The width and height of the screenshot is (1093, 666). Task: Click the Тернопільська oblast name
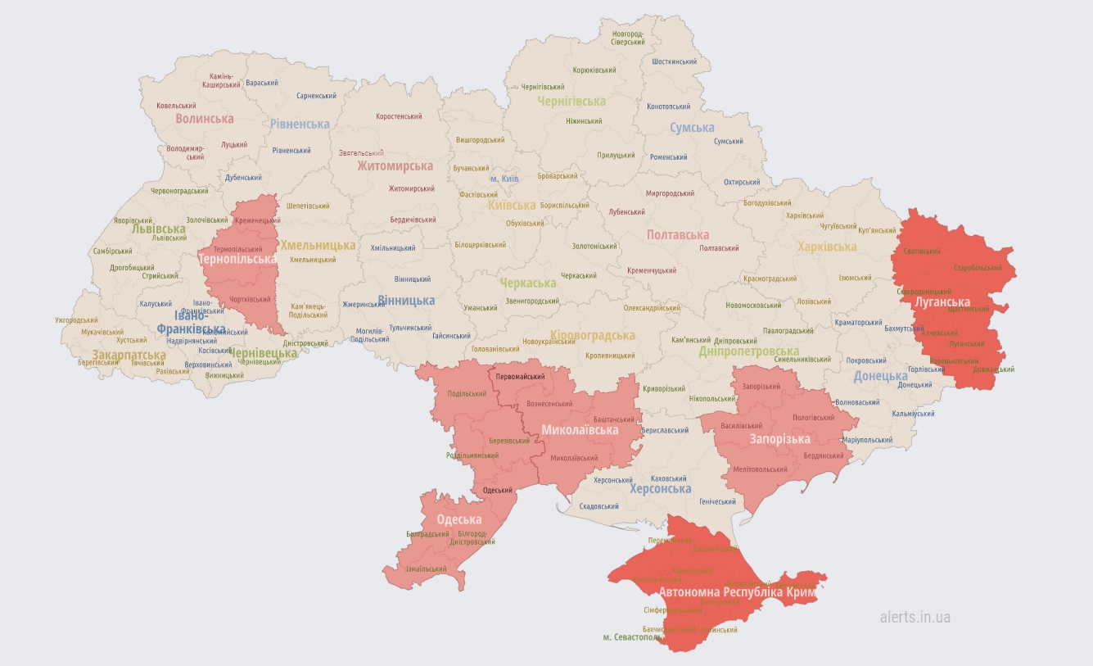[237, 259]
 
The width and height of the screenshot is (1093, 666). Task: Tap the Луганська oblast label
[942, 302]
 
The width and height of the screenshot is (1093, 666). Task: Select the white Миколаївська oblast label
[580, 430]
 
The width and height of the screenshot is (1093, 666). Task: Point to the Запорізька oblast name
[779, 439]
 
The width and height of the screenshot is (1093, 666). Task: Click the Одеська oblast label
[458, 519]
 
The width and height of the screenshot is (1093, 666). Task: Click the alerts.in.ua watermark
[915, 617]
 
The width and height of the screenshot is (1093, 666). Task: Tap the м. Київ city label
[504, 179]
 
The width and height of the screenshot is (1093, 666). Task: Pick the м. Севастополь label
[632, 637]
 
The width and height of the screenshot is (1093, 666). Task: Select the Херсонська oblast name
[660, 488]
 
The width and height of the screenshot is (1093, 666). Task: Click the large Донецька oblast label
[880, 376]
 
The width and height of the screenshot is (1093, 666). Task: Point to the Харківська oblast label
[826, 247]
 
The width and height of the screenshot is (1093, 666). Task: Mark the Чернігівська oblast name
[571, 102]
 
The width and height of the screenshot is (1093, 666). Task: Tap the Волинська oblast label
[204, 119]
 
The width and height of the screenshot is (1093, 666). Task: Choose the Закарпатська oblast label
[129, 356]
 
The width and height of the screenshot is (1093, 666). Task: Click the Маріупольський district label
[867, 440]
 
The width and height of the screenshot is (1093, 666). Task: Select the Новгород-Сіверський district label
[627, 37]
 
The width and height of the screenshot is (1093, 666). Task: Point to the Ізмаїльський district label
[426, 569]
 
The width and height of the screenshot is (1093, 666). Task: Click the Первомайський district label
[520, 376]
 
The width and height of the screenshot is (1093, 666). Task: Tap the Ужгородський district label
[76, 320]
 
